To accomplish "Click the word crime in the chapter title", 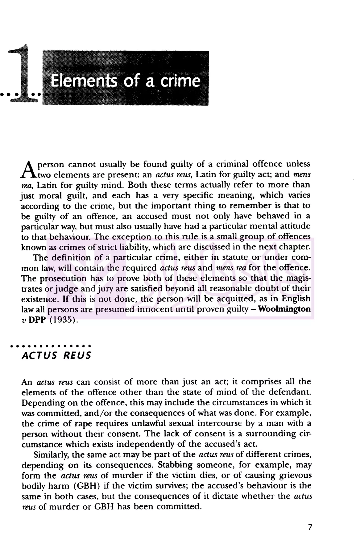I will [181, 81].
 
